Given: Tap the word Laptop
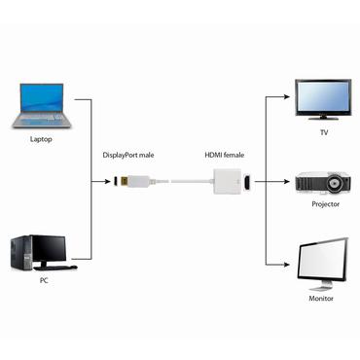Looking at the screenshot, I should pos(40,138).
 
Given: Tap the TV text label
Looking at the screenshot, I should pos(324,132).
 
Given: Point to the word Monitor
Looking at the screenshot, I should pos(322,298).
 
